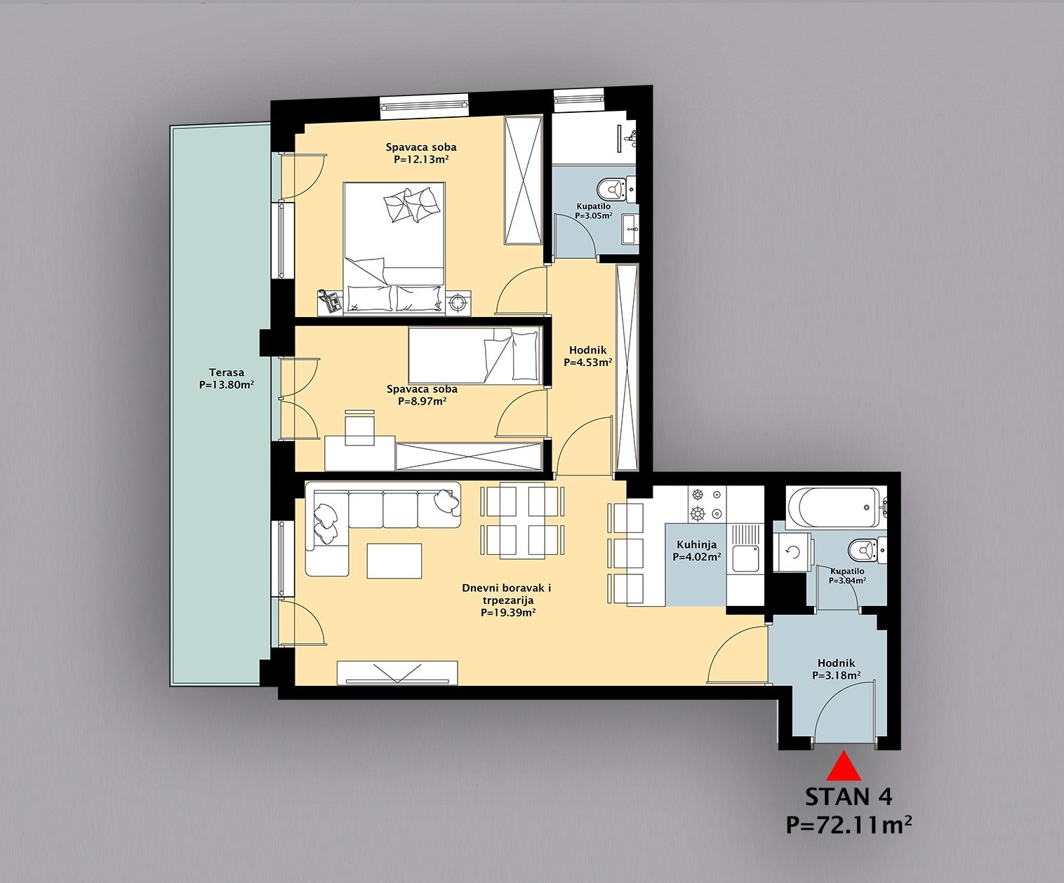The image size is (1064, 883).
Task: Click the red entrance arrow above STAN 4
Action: (844, 767)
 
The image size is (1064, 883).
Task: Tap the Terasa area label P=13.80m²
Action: (227, 385)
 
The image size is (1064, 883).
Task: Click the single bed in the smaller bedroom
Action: (474, 356)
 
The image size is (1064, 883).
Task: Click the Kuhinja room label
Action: (697, 544)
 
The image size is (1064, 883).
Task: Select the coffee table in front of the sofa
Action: (394, 560)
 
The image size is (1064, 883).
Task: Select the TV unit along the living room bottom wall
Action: (397, 673)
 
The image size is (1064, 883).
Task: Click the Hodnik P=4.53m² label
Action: (587, 356)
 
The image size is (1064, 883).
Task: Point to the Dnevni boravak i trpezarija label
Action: (507, 600)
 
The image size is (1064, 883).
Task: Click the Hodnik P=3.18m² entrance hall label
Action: (836, 669)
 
